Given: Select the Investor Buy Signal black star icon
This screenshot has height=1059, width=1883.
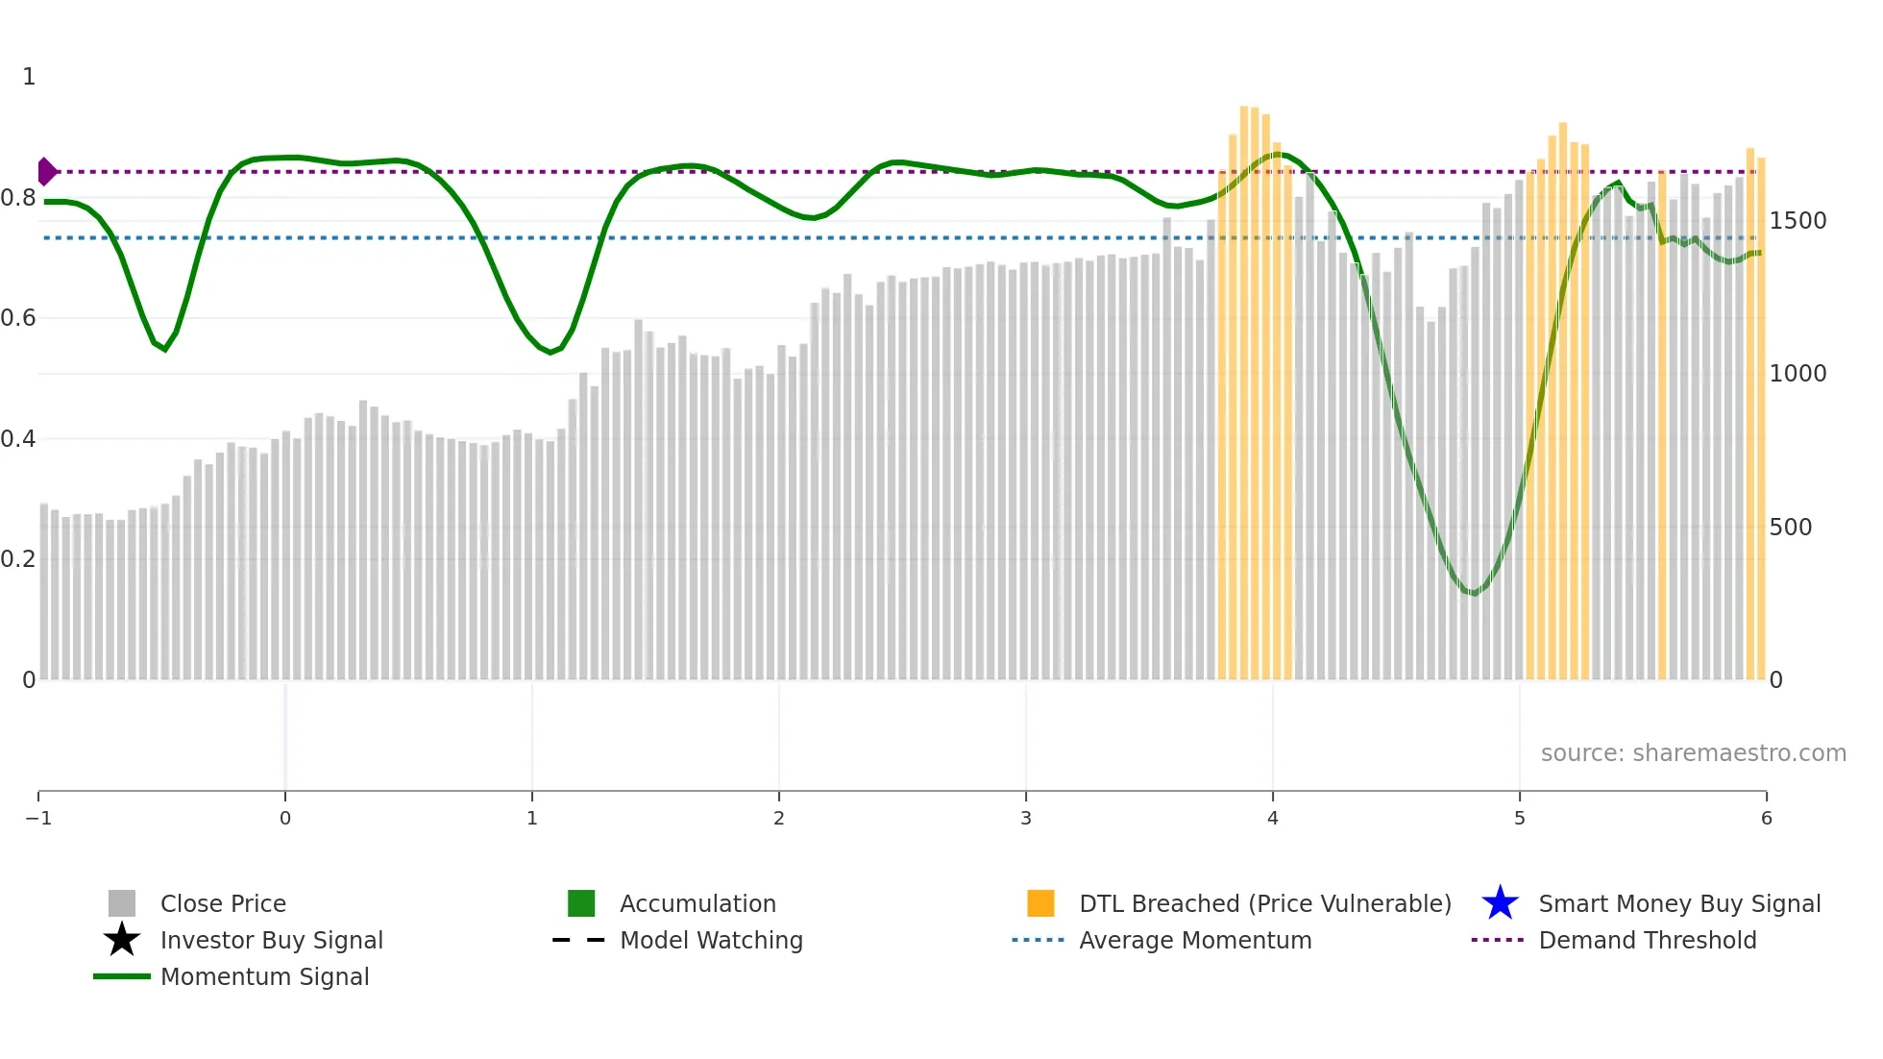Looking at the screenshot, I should tap(122, 940).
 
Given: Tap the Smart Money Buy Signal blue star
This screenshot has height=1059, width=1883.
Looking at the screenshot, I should tap(1500, 903).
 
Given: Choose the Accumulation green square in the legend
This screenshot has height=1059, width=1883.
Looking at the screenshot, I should tap(581, 903).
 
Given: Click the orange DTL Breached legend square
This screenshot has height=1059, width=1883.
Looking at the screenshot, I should tap(1040, 903).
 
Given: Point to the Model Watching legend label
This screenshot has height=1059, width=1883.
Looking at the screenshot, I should tap(711, 940).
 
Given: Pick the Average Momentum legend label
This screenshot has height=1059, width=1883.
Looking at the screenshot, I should tap(1195, 940).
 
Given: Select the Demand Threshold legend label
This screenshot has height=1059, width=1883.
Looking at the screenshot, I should tap(1648, 940).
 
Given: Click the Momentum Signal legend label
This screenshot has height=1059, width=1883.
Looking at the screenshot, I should tap(264, 976).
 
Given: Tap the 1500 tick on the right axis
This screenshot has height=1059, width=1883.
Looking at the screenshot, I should tap(1797, 221).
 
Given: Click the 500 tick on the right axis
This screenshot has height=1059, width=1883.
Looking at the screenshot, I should tap(1790, 528).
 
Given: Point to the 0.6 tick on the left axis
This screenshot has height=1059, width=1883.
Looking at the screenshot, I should tap(18, 318).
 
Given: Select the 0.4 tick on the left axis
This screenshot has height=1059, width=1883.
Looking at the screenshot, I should tap(18, 439).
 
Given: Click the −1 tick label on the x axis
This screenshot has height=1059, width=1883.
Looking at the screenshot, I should tap(38, 819).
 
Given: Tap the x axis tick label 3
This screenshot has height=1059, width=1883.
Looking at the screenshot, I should tap(1026, 819).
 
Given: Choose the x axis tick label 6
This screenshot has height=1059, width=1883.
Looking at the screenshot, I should tap(1766, 819).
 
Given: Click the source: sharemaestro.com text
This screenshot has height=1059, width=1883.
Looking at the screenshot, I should tap(1693, 753).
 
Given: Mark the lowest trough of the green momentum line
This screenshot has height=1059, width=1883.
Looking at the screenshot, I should tap(1473, 594).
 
